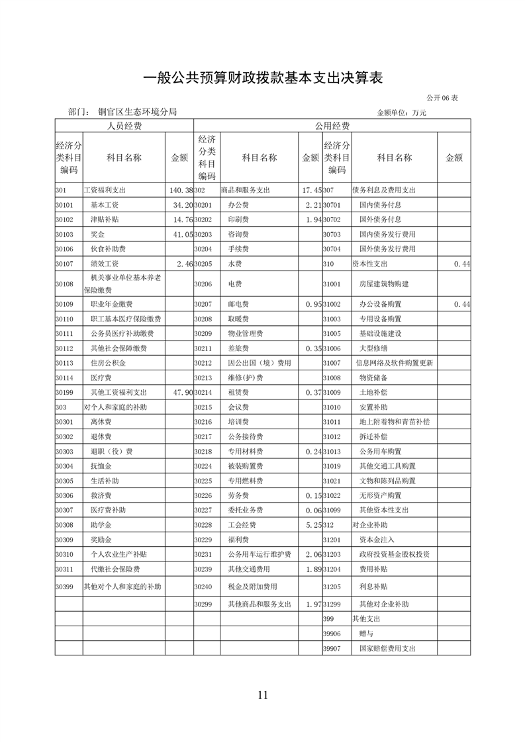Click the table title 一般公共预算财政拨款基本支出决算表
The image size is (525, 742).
(x=263, y=78)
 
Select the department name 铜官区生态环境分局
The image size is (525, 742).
(x=137, y=112)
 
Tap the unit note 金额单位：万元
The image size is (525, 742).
(x=401, y=113)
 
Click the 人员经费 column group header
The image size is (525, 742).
(x=124, y=126)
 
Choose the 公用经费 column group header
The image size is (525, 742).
(x=332, y=126)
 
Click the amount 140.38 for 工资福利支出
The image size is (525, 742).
(x=179, y=190)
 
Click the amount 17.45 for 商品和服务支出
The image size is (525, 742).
(x=311, y=190)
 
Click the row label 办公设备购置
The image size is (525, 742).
(x=380, y=304)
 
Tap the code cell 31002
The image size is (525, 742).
(x=332, y=304)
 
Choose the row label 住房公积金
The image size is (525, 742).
(x=108, y=363)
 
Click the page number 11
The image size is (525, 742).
(x=263, y=694)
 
